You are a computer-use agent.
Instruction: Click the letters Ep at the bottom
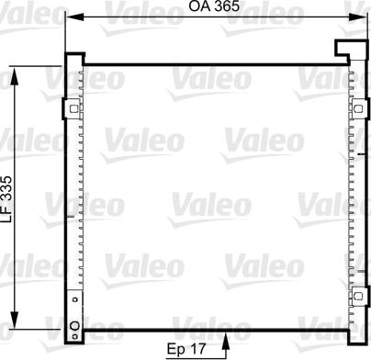coord(174,348)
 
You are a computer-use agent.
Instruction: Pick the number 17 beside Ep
coord(197,348)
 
